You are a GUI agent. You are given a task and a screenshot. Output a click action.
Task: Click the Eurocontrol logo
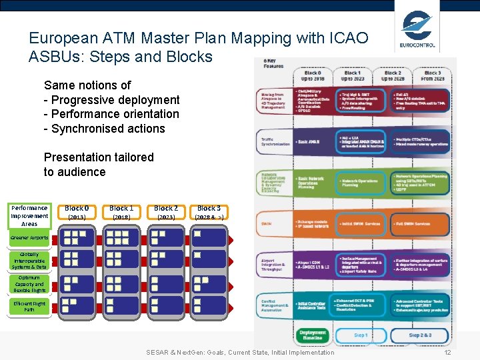(x=418, y=31)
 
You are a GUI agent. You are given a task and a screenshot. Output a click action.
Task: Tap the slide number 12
(x=447, y=352)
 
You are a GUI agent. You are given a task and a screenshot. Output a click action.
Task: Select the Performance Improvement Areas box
(x=29, y=215)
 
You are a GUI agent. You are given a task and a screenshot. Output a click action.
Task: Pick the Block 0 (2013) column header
(x=77, y=212)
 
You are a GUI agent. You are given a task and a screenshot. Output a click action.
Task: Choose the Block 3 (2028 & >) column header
(x=209, y=212)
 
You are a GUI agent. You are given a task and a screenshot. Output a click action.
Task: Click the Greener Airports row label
(x=29, y=237)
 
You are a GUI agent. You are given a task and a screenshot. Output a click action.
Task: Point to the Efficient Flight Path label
(x=29, y=306)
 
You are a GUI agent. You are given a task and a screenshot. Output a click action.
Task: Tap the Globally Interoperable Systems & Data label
(x=29, y=261)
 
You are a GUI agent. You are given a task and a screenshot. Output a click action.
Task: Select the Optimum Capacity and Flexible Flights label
(x=29, y=284)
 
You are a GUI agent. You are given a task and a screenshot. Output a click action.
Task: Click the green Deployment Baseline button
(x=313, y=335)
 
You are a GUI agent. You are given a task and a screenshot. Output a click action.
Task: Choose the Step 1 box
(x=360, y=335)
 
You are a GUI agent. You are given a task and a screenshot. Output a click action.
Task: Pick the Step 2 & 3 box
(x=420, y=335)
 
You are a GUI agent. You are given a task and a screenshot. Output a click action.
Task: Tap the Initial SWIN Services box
(x=361, y=224)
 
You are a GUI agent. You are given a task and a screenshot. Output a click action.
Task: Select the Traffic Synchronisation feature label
(x=275, y=142)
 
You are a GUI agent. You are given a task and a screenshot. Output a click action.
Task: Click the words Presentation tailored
(x=99, y=157)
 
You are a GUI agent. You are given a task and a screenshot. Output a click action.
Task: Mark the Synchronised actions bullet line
(x=104, y=129)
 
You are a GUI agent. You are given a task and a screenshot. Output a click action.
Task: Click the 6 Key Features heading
(x=274, y=63)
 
